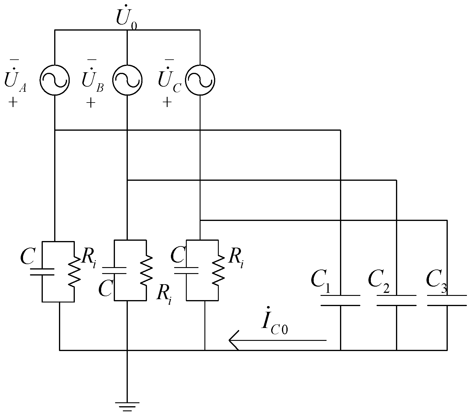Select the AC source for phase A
click(x=55, y=80)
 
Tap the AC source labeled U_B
click(x=128, y=80)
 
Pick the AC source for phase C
click(x=200, y=80)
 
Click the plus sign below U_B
click(x=91, y=103)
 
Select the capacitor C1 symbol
click(x=340, y=300)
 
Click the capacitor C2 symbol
click(x=396, y=300)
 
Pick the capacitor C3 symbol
click(x=447, y=300)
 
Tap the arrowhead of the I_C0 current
click(x=233, y=340)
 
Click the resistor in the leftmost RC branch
click(x=74, y=271)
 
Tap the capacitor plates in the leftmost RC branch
click(x=42, y=272)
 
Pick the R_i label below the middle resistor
click(x=164, y=295)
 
